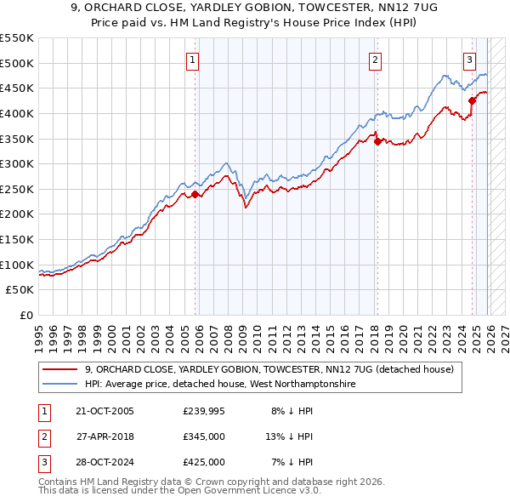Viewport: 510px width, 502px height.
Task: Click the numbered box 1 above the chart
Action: [x=194, y=60]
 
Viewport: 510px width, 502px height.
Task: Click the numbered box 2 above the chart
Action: [x=375, y=60]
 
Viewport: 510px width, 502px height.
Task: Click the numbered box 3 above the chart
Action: [x=469, y=60]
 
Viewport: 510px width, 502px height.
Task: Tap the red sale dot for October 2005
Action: [x=195, y=194]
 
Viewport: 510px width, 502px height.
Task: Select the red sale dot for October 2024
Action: [x=472, y=100]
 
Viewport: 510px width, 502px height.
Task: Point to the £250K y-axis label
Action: [x=17, y=189]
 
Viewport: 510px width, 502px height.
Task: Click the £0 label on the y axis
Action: [x=25, y=315]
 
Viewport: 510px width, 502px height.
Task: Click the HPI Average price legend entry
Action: [x=219, y=384]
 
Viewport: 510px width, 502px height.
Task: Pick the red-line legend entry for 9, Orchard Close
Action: [x=269, y=369]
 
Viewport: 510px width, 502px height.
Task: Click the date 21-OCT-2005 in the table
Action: [x=105, y=412]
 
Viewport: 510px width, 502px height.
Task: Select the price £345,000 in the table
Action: [x=204, y=436]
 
